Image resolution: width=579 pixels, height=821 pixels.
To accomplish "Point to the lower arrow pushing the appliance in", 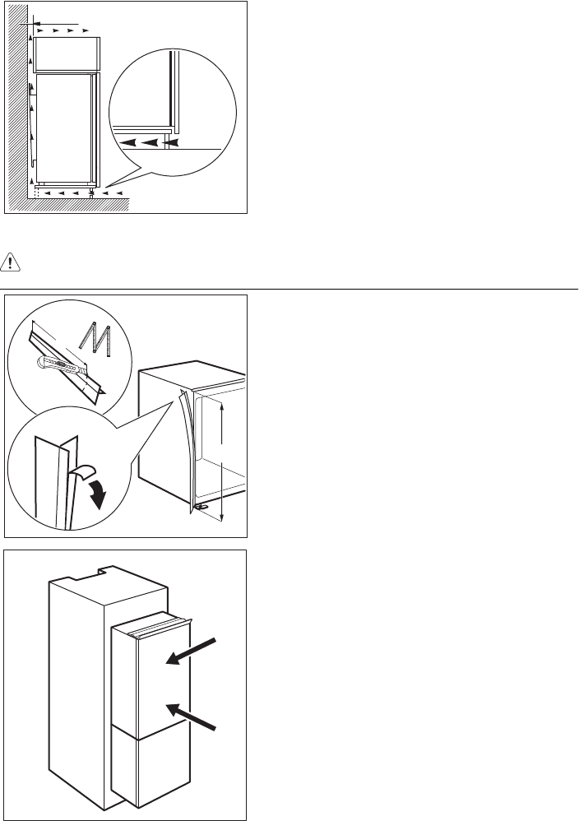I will pos(196,716).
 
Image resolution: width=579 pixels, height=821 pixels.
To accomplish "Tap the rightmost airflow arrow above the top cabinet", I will pos(86,28).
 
